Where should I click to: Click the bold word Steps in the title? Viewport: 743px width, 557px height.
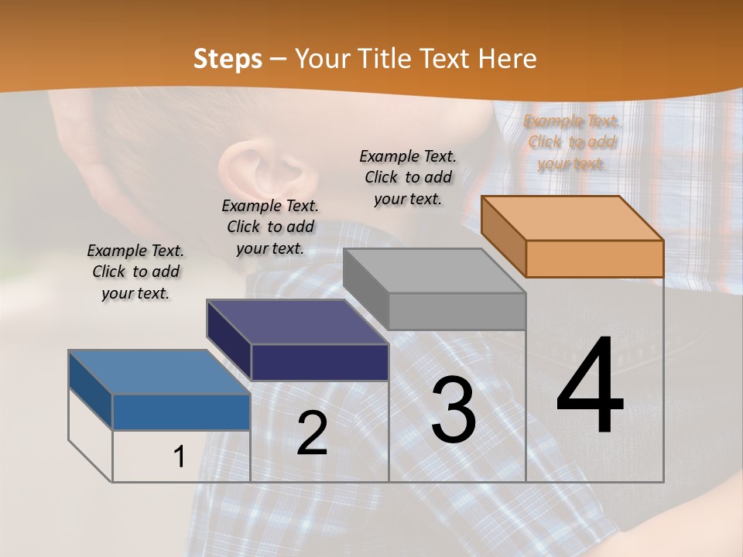coord(228,60)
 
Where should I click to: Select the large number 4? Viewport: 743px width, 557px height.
coord(590,386)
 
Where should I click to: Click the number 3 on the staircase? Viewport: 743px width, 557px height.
coord(453,410)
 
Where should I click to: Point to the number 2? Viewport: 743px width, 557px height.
coord(312,433)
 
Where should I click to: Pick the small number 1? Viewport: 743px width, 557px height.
coord(179,457)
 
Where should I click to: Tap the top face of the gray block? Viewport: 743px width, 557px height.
coord(434,271)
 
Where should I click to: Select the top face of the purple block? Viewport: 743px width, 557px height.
coord(297,322)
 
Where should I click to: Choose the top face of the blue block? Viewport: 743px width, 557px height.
coord(159,372)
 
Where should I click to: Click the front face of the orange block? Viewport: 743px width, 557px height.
coord(594,258)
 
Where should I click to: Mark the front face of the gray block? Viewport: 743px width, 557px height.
coord(457,311)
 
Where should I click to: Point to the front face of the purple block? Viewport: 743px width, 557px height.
coord(320,362)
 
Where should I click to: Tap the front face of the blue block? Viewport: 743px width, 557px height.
coord(181,412)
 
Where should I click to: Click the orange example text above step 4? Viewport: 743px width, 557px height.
coord(571,142)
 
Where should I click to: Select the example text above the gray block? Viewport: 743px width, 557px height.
coord(408,177)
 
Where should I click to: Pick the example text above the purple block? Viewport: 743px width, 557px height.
coord(270,227)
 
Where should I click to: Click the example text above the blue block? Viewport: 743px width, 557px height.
coord(135,272)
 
